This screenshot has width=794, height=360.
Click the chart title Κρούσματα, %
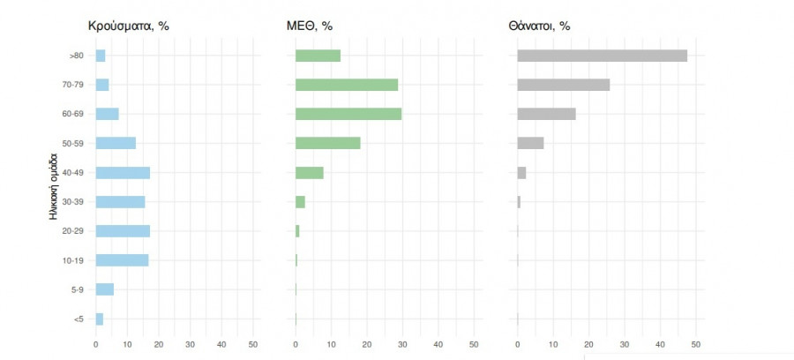pos(129,26)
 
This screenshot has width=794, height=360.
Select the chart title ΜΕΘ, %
pos(310,26)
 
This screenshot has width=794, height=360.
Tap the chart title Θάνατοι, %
pos(539,26)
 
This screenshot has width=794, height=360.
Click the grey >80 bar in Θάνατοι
pos(602,56)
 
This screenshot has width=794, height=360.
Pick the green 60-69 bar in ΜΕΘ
pos(348,114)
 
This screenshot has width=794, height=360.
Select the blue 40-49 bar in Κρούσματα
pos(123,173)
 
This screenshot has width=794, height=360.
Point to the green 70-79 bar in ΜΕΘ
pos(347,85)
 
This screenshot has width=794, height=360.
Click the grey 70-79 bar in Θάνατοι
pos(563,85)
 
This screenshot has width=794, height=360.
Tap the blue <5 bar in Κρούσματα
pos(100,319)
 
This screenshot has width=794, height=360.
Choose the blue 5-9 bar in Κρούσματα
pos(105,289)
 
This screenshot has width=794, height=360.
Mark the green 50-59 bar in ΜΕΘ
pos(328,143)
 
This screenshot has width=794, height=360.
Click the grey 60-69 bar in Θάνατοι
pos(546,114)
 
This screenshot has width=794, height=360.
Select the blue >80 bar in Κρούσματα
pos(101,56)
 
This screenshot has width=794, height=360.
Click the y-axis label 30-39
pos(72,202)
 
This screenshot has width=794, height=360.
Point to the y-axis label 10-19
pos(72,260)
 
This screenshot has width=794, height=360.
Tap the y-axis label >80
pos(76,56)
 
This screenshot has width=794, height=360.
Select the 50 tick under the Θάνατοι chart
pos(695,344)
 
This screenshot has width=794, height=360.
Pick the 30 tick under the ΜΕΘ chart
pos(402,344)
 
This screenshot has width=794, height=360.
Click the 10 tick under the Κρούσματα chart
pos(128,344)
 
